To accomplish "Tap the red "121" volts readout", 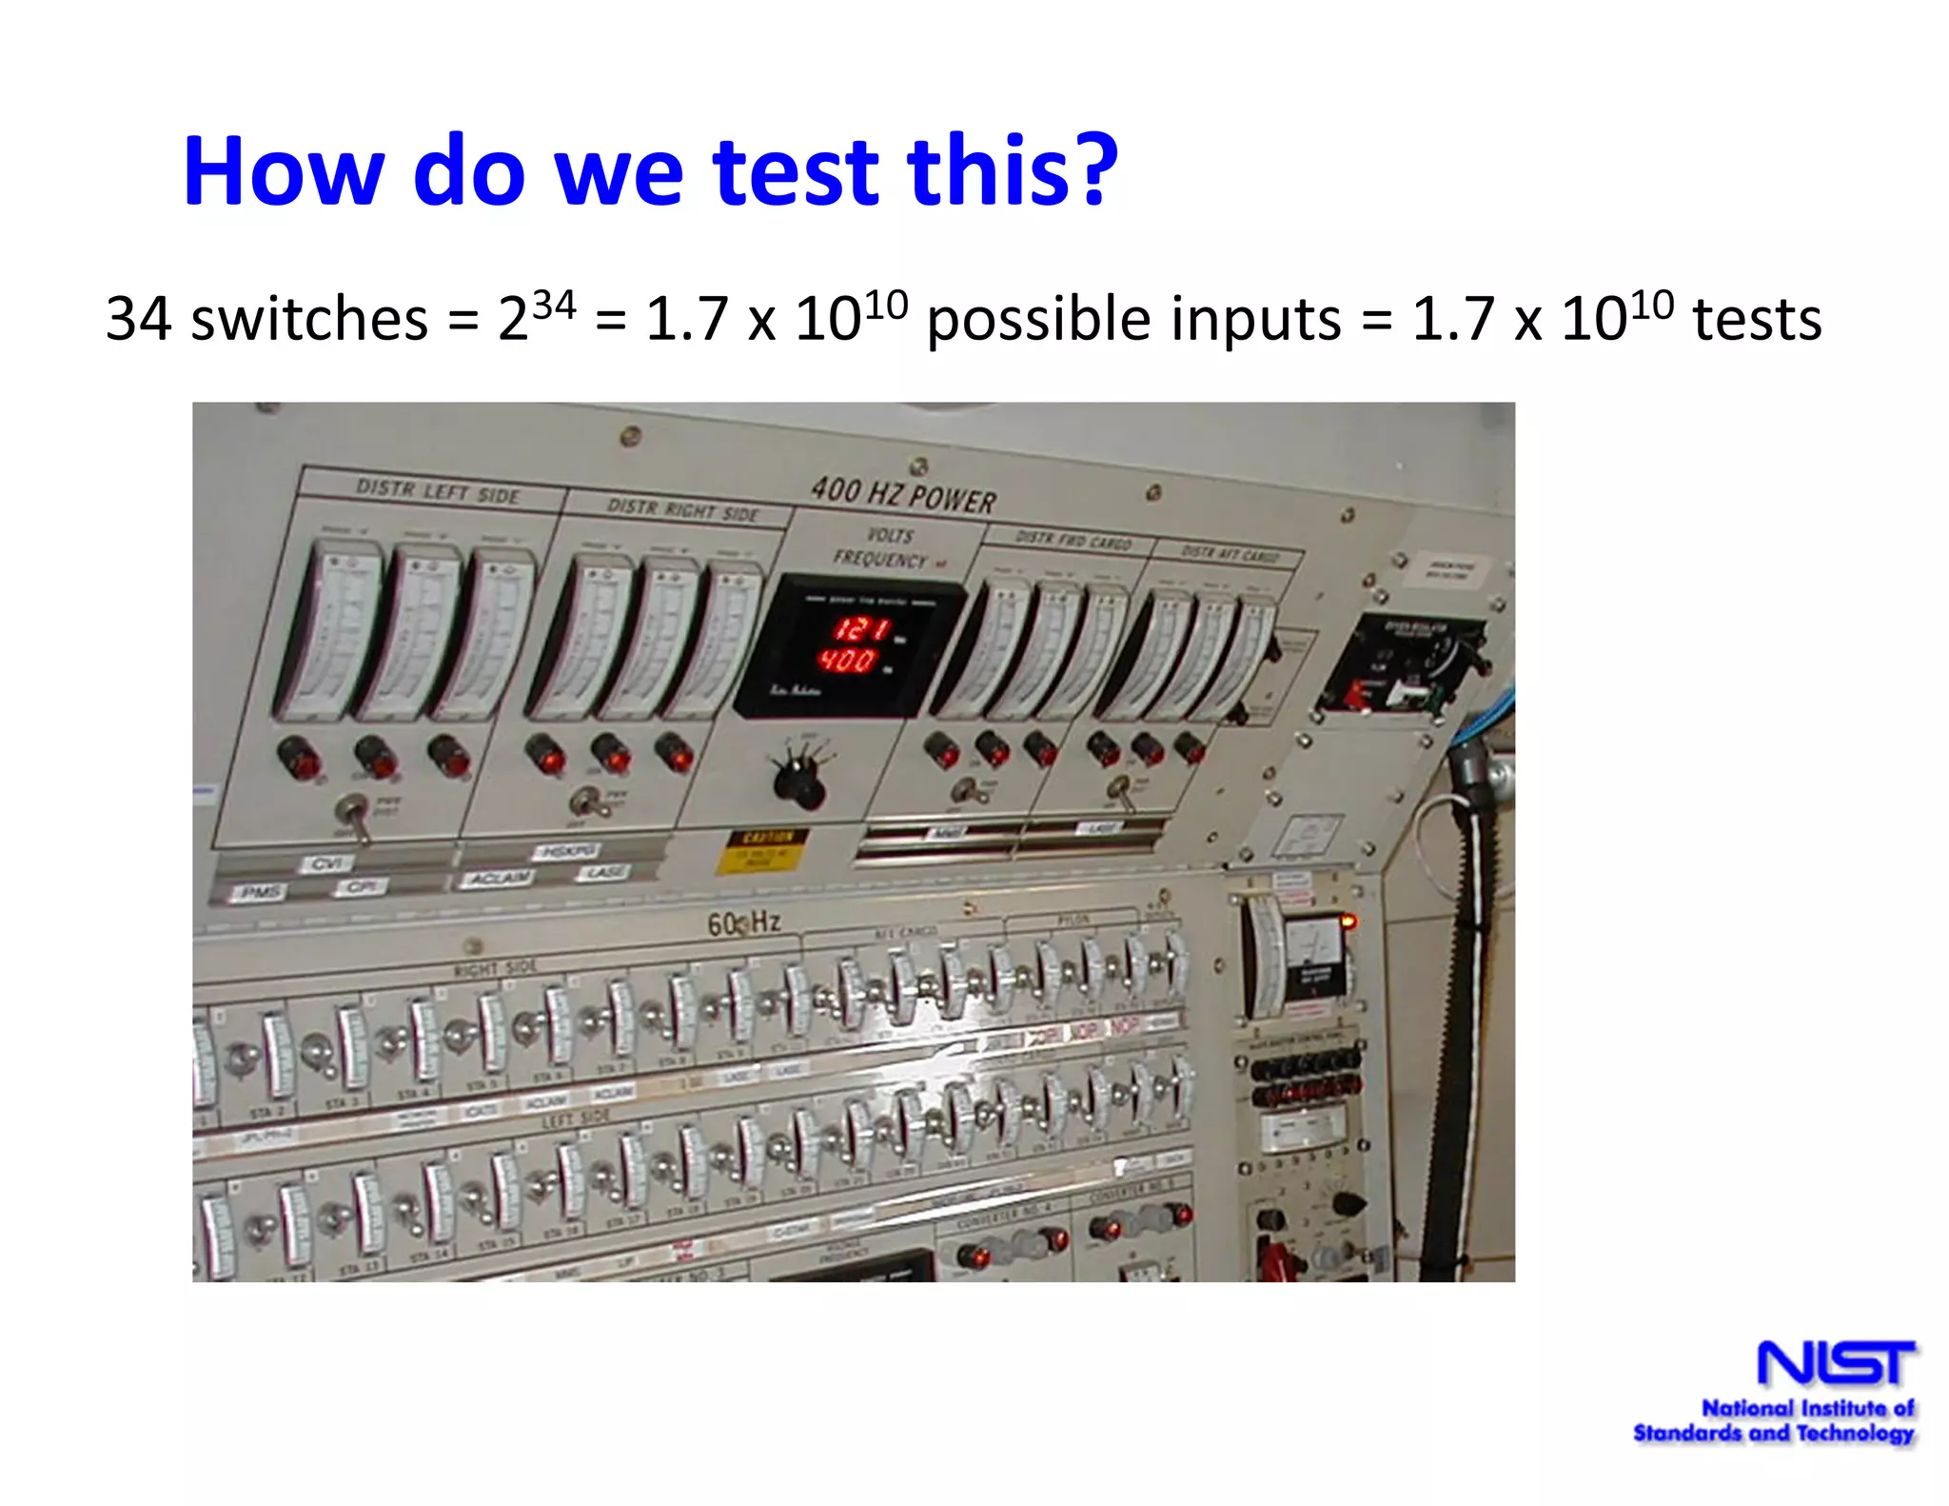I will [861, 628].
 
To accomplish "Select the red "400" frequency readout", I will [848, 660].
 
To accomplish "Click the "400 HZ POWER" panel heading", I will [903, 495].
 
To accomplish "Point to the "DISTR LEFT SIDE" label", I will [438, 491].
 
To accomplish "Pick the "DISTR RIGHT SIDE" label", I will [682, 510].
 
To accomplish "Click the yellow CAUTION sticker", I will [762, 850].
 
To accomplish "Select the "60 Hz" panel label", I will [743, 921].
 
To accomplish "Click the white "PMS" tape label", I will [260, 892].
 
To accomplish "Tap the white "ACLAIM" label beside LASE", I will [499, 877].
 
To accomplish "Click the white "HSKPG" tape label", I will [567, 850].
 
